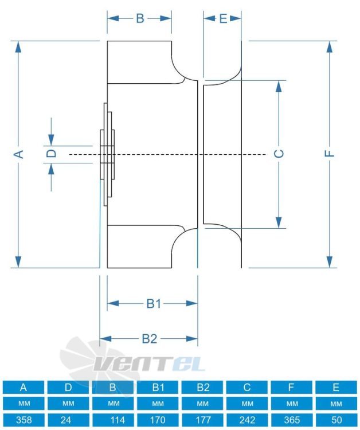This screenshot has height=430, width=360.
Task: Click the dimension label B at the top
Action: tap(140, 18)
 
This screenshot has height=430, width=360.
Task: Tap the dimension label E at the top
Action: tap(223, 19)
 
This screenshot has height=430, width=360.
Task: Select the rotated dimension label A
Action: tap(18, 154)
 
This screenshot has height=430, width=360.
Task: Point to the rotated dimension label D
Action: tap(51, 153)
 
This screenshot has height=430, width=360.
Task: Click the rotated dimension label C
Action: tap(279, 154)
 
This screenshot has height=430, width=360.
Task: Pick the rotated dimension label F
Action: tap(329, 154)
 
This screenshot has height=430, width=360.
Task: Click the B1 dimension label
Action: tap(154, 303)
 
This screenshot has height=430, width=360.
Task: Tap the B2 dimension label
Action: tap(150, 339)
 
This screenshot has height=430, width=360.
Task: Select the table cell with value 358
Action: tap(24, 420)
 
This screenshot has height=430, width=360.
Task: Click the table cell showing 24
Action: tap(68, 420)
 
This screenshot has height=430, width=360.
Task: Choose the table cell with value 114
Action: tap(113, 420)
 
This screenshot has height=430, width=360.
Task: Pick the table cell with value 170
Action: tap(158, 420)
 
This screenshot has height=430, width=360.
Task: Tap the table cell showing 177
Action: tap(202, 420)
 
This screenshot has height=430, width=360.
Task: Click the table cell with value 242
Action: tap(246, 420)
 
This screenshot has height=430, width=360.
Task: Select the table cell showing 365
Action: tap(291, 420)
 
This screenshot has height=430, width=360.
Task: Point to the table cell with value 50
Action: tap(336, 420)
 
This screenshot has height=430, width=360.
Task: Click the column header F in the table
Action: tap(291, 387)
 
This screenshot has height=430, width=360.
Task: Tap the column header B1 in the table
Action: tap(158, 387)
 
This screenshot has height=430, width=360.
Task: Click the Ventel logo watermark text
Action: tap(150, 364)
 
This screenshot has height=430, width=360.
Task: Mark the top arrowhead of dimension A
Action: tap(18, 46)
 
